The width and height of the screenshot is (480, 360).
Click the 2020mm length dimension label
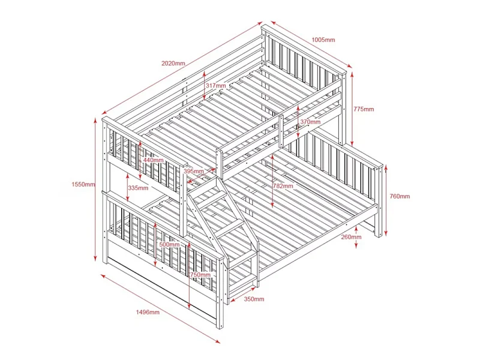point(173,64)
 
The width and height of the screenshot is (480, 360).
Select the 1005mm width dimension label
point(323,40)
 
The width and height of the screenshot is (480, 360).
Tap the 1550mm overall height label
point(83,184)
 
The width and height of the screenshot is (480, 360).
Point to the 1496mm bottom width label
point(148,312)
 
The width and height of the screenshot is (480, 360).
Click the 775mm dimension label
point(364,109)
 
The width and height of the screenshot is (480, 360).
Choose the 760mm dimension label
point(400,196)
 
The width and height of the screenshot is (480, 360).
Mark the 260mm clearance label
point(351,236)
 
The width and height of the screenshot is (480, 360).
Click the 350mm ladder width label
point(254,299)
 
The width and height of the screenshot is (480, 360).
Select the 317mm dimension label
point(215,85)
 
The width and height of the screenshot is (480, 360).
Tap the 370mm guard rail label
point(310,122)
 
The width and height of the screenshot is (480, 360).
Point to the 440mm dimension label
point(153,160)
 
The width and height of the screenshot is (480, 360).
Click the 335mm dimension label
point(138,188)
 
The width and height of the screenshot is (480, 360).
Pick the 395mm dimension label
point(193,171)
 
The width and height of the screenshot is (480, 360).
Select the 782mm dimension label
point(283,186)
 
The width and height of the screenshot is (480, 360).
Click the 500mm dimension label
point(169,245)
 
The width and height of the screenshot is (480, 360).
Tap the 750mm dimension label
point(200,275)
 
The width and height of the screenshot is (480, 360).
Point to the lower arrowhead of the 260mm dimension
point(356,245)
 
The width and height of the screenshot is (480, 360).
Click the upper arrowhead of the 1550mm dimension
point(95,121)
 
